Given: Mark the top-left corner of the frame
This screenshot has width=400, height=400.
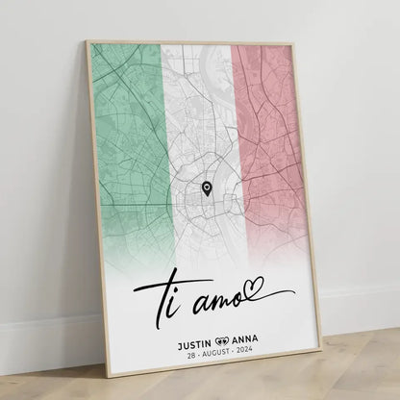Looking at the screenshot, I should coord(88,42).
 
